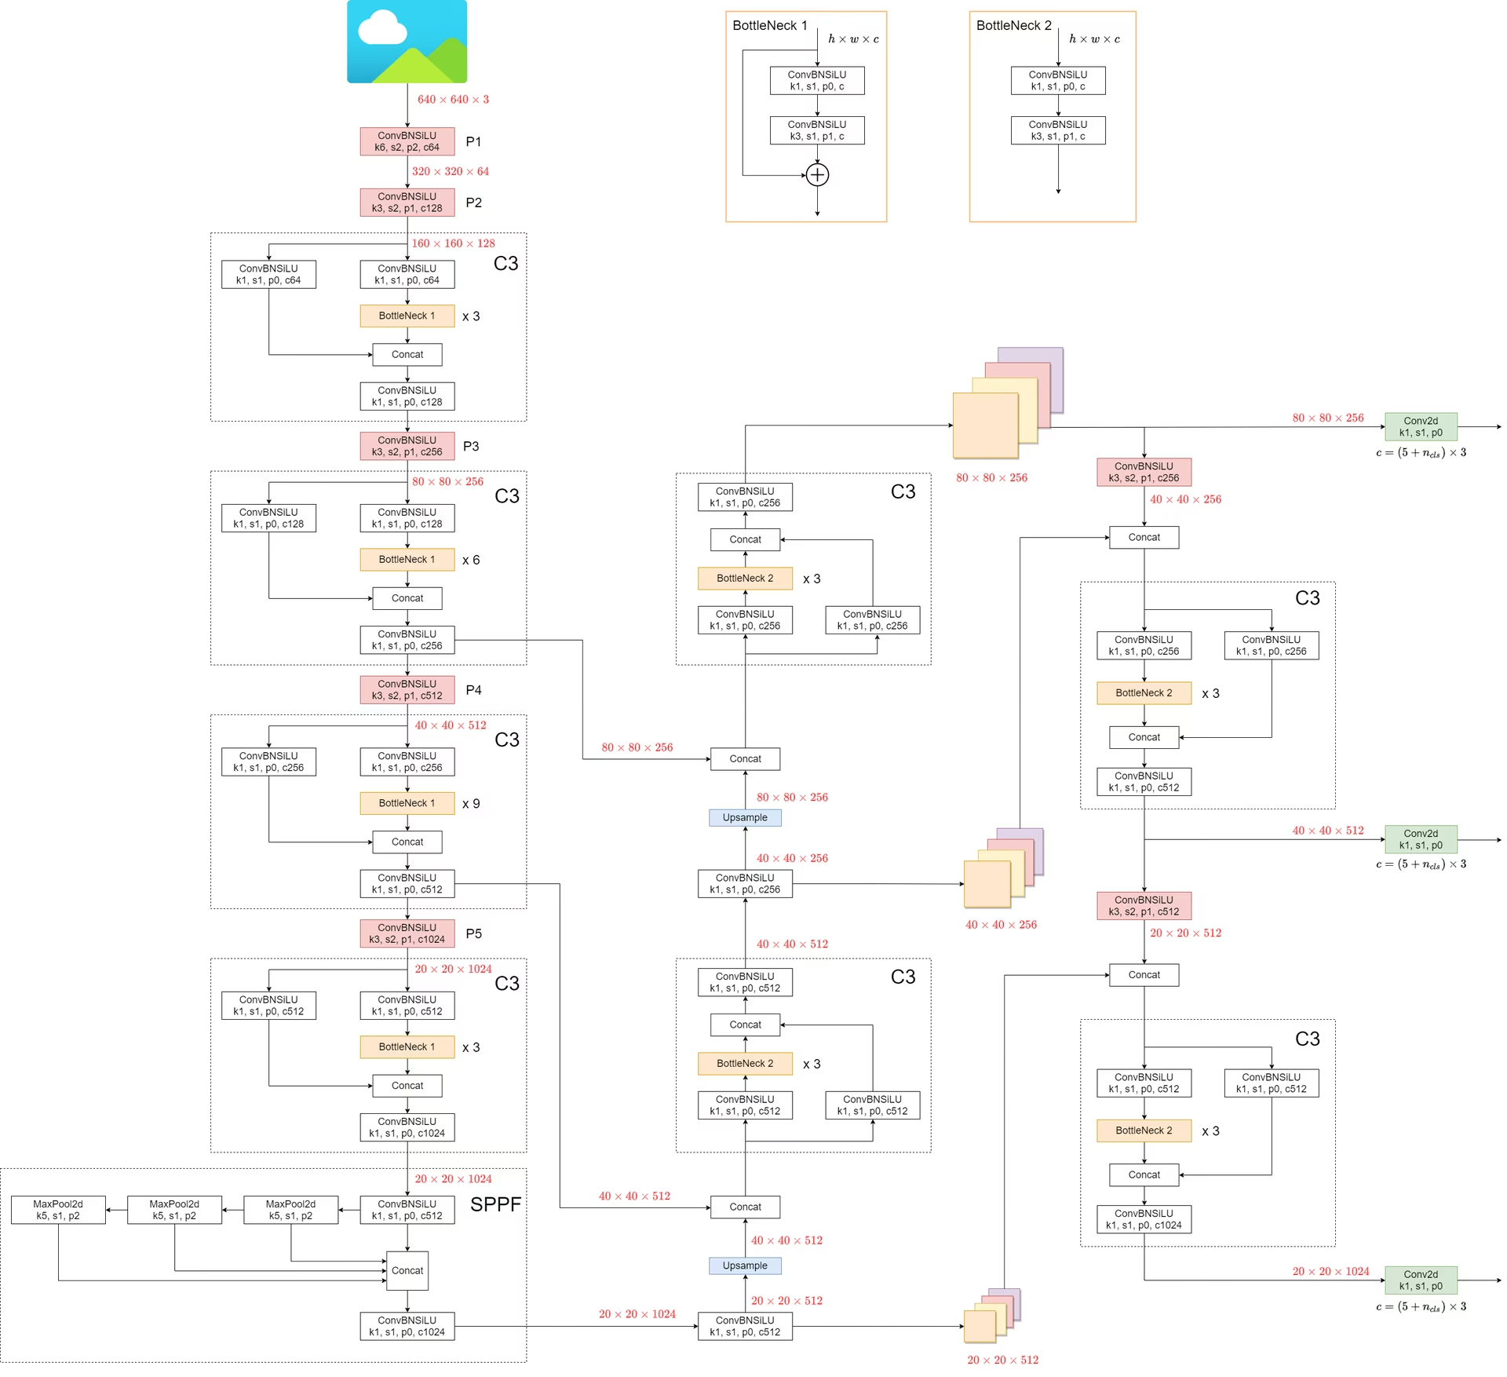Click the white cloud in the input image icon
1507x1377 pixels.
coord(382,28)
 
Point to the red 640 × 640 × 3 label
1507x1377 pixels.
coord(453,100)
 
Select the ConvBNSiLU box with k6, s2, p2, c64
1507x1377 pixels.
coord(407,141)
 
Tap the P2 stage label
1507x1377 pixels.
coord(473,203)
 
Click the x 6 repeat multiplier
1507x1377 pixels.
coord(471,560)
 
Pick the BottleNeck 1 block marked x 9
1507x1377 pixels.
coord(407,803)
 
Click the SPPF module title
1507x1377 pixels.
coord(495,1204)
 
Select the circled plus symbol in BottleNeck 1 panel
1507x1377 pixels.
coord(817,174)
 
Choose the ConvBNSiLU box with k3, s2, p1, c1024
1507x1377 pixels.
coord(407,933)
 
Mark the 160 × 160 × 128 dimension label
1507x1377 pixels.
coord(453,243)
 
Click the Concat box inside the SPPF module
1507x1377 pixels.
coord(407,1270)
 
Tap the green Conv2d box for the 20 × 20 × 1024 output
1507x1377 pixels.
coord(1421,1280)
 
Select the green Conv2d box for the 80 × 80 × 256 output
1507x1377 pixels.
coord(1421,426)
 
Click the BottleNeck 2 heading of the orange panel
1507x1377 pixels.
coord(1013,25)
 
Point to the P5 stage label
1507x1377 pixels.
coord(473,933)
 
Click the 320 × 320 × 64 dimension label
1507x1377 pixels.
coord(450,171)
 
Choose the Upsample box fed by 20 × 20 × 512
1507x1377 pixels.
coord(745,1266)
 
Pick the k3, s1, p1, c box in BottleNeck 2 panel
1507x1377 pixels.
coord(1058,130)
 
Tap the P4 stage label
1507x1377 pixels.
coord(473,690)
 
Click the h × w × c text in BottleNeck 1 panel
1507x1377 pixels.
coord(853,39)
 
